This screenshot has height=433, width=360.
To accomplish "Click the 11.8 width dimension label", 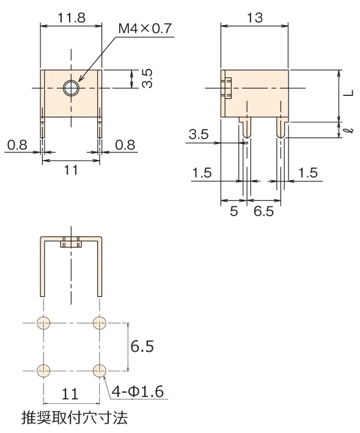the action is [x=72, y=18].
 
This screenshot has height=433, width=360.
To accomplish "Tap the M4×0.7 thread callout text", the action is [x=145, y=29].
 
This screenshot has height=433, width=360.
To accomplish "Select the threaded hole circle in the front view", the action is [x=72, y=88].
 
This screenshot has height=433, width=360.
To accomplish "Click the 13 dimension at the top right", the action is [x=254, y=18].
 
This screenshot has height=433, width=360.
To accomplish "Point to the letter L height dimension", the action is [x=349, y=93].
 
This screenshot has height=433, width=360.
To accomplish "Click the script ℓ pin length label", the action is [x=350, y=130].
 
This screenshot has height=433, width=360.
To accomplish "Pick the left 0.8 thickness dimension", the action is [x=17, y=145].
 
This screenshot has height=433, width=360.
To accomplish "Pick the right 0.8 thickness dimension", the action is [x=125, y=145].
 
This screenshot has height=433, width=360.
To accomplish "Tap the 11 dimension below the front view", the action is [x=71, y=170].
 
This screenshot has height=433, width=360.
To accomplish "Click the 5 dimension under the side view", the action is [x=233, y=211].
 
